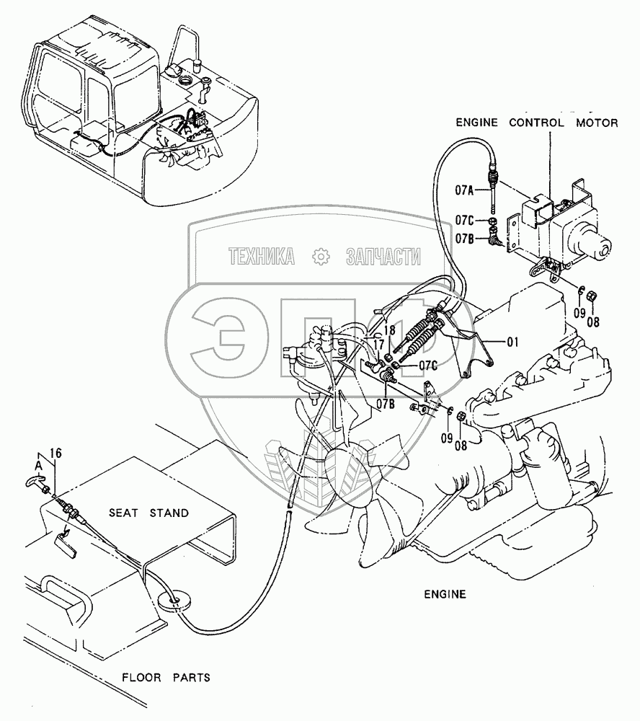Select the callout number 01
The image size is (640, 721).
click(x=512, y=342)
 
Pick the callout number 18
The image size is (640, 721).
click(x=389, y=329)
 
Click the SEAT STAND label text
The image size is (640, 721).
click(x=148, y=513)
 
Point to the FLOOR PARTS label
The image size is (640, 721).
click(x=166, y=677)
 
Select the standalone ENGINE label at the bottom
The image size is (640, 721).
click(x=445, y=595)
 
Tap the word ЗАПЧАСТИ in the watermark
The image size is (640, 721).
click(x=382, y=256)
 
